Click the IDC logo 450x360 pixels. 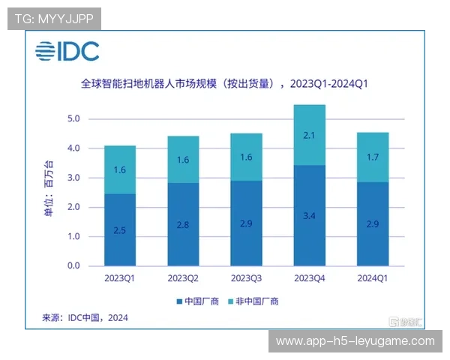click(67, 52)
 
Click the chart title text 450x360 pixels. click(225, 84)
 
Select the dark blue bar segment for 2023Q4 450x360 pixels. click(304, 215)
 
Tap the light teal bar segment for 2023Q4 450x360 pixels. click(304, 135)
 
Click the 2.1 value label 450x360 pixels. click(304, 135)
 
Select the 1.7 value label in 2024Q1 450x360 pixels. click(367, 157)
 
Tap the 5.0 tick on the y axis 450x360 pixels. click(73, 119)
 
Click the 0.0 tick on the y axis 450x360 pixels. click(73, 265)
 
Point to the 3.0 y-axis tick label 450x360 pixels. click(73, 178)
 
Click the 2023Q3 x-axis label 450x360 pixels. click(241, 278)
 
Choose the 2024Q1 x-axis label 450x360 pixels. click(367, 278)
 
